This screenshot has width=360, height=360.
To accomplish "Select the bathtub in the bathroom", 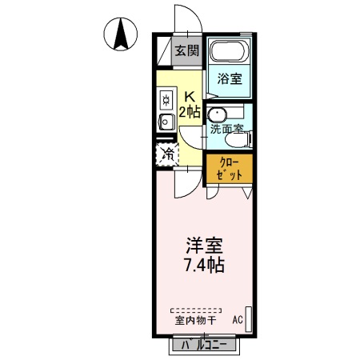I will [230, 52].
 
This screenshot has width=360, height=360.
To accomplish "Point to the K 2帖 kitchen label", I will [189, 105].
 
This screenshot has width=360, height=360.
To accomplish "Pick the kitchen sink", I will [166, 122].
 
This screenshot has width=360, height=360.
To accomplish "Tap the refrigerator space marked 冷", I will [169, 154].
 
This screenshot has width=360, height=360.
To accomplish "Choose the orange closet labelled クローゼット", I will [230, 170].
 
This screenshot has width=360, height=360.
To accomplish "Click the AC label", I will [237, 320].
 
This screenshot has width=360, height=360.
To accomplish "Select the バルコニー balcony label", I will [203, 345].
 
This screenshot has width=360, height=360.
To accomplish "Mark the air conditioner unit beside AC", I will [248, 318].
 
